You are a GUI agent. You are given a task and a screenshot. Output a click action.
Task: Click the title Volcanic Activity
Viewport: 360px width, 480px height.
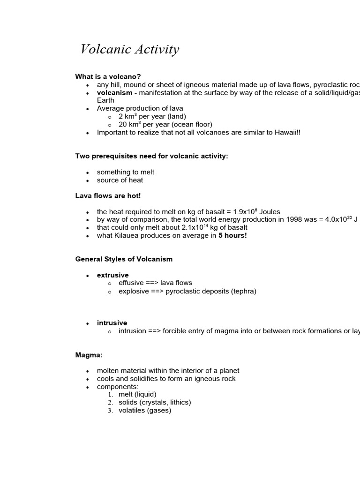coord(129,49)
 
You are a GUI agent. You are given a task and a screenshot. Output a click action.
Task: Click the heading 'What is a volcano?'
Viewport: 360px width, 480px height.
coord(108,77)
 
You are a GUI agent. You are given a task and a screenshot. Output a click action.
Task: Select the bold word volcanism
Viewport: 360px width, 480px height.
coord(114,93)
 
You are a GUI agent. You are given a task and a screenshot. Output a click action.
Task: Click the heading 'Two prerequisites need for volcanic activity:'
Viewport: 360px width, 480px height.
coord(151,156)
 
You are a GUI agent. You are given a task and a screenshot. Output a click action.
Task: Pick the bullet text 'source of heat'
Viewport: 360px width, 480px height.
coord(120,180)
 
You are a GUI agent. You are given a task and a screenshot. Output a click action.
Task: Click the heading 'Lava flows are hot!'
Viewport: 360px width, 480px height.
coord(108,196)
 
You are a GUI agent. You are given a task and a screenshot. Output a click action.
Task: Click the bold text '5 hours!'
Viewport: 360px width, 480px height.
coord(232,236)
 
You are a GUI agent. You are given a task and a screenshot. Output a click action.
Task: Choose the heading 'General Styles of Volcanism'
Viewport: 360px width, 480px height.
coord(124,259)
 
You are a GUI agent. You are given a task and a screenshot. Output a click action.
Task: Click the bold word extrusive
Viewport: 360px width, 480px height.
coord(112,275)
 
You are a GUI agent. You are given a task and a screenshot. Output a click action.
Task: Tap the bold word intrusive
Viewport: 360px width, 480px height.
coord(112,323)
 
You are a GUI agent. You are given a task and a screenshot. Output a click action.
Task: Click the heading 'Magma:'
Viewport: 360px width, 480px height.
coord(89,355)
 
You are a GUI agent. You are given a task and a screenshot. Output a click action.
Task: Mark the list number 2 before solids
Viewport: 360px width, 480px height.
coord(110,403)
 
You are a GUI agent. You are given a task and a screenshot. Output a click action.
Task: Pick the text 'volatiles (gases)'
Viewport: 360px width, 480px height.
coord(145,411)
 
